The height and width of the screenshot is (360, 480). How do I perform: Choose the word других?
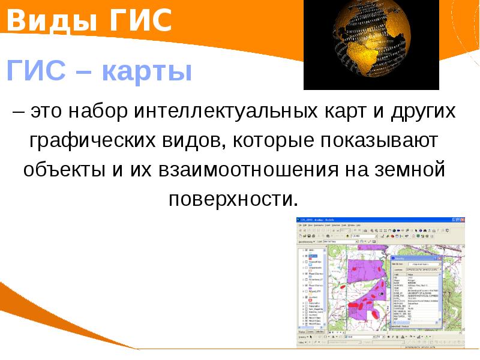(x=423, y=112)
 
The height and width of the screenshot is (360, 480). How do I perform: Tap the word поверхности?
(x=233, y=199)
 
